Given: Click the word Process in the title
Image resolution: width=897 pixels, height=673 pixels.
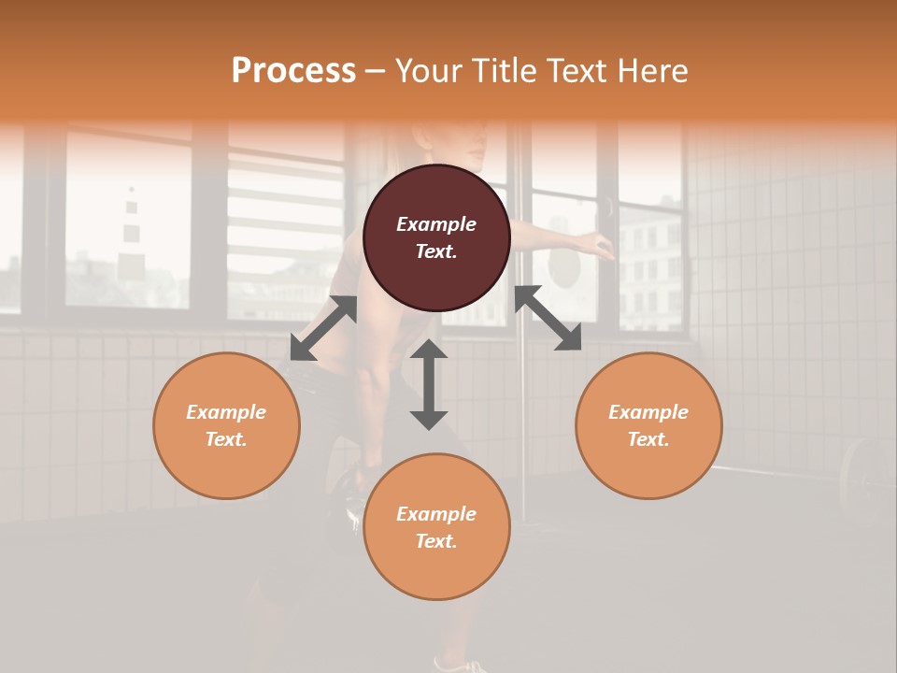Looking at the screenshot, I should (293, 71).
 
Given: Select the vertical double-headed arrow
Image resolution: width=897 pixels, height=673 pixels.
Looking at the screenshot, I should (429, 384).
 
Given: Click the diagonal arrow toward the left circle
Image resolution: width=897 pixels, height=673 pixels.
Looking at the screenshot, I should (323, 328).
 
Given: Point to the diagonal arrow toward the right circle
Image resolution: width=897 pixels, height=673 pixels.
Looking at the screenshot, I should (548, 319).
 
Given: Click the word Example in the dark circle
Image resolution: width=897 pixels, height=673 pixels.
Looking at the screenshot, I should (436, 224).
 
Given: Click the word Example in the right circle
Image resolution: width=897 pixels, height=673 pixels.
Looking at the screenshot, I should (648, 412).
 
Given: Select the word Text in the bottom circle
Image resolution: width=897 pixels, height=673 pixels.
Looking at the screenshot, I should (434, 541).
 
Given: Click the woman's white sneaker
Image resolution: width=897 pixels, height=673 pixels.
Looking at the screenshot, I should (463, 666).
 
